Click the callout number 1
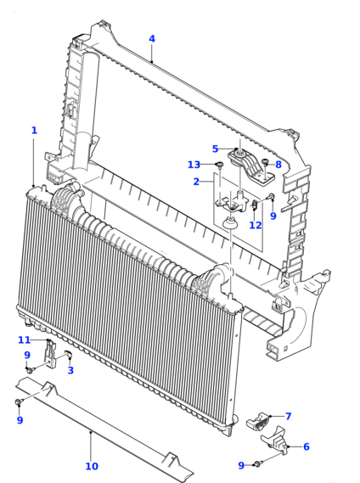pyautogui.click(x=34, y=130)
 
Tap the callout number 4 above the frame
pyautogui.click(x=152, y=39)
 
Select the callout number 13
pyautogui.click(x=194, y=165)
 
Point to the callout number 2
pyautogui.click(x=196, y=182)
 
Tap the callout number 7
pyautogui.click(x=288, y=417)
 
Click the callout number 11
pyautogui.click(x=25, y=340)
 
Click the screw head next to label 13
pyautogui.click(x=219, y=164)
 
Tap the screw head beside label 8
pyautogui.click(x=265, y=162)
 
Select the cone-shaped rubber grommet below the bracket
pyautogui.click(x=231, y=222)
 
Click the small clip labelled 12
pyautogui.click(x=255, y=204)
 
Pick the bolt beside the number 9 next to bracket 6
pyautogui.click(x=257, y=464)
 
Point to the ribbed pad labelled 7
pyautogui.click(x=257, y=420)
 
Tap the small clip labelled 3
pyautogui.click(x=69, y=354)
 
